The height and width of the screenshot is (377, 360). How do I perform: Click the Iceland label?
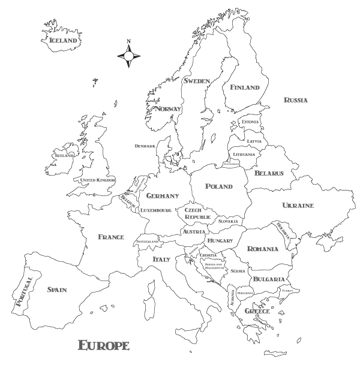point(64,41)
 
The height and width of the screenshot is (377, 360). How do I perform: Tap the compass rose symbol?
point(128,56)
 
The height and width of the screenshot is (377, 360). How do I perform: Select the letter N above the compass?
point(128,42)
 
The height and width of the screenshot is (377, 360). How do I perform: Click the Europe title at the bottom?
point(104,345)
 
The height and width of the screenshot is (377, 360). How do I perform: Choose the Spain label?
point(57,290)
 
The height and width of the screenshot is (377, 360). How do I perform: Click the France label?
point(111,237)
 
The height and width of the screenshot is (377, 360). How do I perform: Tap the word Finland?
point(245,88)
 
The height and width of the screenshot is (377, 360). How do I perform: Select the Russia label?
point(296,100)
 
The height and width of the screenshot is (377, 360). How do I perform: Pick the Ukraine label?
point(298,206)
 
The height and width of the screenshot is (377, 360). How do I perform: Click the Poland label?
point(219,186)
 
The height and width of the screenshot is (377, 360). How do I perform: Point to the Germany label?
point(163,196)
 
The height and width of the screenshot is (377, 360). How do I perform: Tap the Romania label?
point(263,249)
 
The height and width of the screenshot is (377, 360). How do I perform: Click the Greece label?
point(257,312)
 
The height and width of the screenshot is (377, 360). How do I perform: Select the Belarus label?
point(269,173)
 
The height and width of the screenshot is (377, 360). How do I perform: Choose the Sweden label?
point(197,81)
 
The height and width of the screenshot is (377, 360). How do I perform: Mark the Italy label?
point(161,260)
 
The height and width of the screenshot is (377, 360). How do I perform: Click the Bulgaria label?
point(268,279)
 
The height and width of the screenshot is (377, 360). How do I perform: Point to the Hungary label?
point(220,240)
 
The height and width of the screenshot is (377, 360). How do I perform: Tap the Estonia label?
point(250,122)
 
